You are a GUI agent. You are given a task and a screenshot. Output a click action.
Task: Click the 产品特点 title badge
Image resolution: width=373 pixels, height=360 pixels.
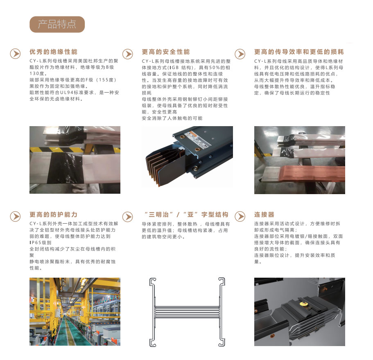tap(57, 24)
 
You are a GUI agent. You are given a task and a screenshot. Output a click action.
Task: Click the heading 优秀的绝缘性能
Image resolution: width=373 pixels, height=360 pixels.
tap(54, 52)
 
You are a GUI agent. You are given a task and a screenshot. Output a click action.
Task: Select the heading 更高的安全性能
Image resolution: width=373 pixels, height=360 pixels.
tap(166, 52)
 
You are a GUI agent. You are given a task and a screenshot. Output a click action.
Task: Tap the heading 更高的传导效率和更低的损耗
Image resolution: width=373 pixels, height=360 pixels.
tap(299, 52)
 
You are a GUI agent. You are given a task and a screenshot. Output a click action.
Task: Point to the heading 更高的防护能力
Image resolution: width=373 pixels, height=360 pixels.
tap(54, 215)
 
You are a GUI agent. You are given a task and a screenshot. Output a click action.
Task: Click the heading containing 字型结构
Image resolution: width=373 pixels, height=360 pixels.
tap(186, 215)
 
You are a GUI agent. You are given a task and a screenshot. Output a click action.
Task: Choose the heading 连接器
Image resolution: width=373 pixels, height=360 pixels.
tap(264, 215)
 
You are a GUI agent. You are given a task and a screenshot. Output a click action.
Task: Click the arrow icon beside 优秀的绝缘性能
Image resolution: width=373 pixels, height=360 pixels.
tap(15, 54)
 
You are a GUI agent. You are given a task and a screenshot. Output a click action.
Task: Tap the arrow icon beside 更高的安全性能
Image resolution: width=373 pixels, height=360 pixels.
tap(128, 54)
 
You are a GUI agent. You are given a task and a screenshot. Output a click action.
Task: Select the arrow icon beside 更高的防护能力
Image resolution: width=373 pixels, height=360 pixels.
tap(15, 217)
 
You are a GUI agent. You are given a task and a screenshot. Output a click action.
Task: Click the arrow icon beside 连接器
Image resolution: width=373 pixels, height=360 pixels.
tap(240, 217)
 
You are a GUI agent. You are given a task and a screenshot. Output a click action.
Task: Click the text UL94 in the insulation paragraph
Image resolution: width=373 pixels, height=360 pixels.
tap(66, 93)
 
